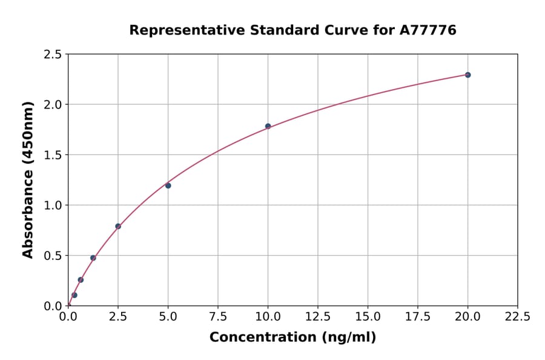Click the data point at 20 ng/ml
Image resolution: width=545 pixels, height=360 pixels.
coord(467,75)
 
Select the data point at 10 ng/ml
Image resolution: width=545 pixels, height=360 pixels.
coord(268,126)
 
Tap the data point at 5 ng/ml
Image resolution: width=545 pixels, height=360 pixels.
coord(168,185)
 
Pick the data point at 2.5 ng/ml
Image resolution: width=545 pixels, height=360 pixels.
coord(118,227)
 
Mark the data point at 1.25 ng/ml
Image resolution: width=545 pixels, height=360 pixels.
coord(93,258)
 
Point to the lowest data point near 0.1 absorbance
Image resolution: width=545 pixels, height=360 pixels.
coord(74,295)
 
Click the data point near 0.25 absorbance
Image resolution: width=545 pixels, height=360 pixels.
coord(81,280)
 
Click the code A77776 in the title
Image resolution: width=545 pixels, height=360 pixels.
coord(428,30)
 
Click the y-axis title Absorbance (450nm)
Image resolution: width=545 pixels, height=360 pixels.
coord(28,179)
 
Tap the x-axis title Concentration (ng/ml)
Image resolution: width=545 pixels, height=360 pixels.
coord(292,338)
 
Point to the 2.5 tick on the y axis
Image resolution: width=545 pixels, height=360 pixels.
coord(53,55)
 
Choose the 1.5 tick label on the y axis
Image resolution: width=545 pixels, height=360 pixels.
coord(53,155)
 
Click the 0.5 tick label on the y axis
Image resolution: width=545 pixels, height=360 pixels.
coord(53,256)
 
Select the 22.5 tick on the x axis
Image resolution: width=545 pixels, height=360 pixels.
coord(517,317)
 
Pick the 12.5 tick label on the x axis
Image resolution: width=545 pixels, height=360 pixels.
coord(318,317)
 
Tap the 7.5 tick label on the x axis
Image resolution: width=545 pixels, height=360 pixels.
coord(218,317)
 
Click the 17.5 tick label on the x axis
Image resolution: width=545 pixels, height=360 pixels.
coord(417,317)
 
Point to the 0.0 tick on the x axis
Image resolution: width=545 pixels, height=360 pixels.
coord(68,317)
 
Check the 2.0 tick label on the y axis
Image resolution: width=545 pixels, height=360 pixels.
coord(53,105)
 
